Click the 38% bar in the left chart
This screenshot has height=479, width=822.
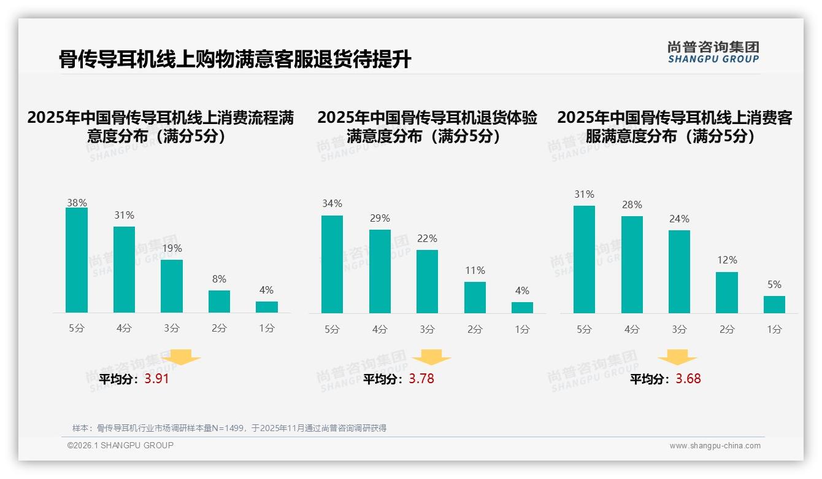[x=77, y=260]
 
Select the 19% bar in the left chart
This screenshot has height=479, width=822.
[x=172, y=286]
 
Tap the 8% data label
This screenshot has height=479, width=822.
[x=219, y=279]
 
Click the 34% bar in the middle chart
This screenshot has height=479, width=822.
[x=332, y=264]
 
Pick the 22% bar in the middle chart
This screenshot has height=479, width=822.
[x=427, y=281]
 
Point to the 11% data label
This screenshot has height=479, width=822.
[x=475, y=270]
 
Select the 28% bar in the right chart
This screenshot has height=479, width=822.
[x=632, y=265]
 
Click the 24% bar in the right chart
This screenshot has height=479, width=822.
[x=679, y=271]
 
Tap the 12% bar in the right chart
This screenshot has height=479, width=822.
[x=727, y=292]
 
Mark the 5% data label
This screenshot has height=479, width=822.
[x=774, y=284]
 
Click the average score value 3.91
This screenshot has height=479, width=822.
[x=156, y=379]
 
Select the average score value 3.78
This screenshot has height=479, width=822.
[x=421, y=379]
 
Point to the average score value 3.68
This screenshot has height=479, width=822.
[x=688, y=379]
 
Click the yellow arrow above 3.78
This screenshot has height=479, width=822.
[x=431, y=357]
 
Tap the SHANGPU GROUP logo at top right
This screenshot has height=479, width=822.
[x=713, y=52]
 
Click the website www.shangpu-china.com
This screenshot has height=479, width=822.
[x=715, y=446]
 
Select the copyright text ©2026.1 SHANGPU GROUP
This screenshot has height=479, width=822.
[x=120, y=445]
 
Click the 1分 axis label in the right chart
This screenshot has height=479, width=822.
[x=774, y=329]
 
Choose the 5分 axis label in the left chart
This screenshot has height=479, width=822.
[x=77, y=328]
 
